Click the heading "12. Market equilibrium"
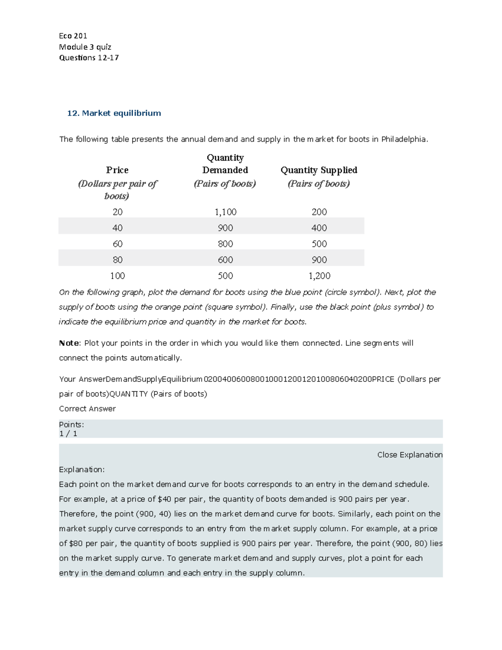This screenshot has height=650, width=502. [x=114, y=113]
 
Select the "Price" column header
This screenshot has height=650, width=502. [x=117, y=170]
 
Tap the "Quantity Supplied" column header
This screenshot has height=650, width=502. [x=319, y=170]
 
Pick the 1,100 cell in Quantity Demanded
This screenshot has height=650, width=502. [x=225, y=212]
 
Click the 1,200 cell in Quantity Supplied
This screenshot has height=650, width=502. [x=319, y=276]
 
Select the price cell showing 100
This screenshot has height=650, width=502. [x=118, y=276]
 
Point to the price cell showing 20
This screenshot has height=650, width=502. [x=118, y=212]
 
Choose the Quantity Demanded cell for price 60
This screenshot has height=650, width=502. [x=225, y=244]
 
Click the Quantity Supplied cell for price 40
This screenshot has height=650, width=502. [x=319, y=228]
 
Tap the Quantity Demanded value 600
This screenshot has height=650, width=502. [x=225, y=260]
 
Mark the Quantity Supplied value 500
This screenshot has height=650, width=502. [x=319, y=244]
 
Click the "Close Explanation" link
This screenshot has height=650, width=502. [x=410, y=455]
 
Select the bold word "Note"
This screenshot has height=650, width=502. [x=69, y=343]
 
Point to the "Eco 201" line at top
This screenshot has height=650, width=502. [x=73, y=36]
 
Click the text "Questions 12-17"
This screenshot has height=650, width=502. [x=89, y=58]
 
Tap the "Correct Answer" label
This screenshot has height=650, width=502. [x=87, y=408]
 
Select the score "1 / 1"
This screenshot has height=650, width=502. [x=68, y=434]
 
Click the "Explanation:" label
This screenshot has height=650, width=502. [x=82, y=470]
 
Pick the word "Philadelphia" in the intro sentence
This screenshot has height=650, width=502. [x=404, y=139]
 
